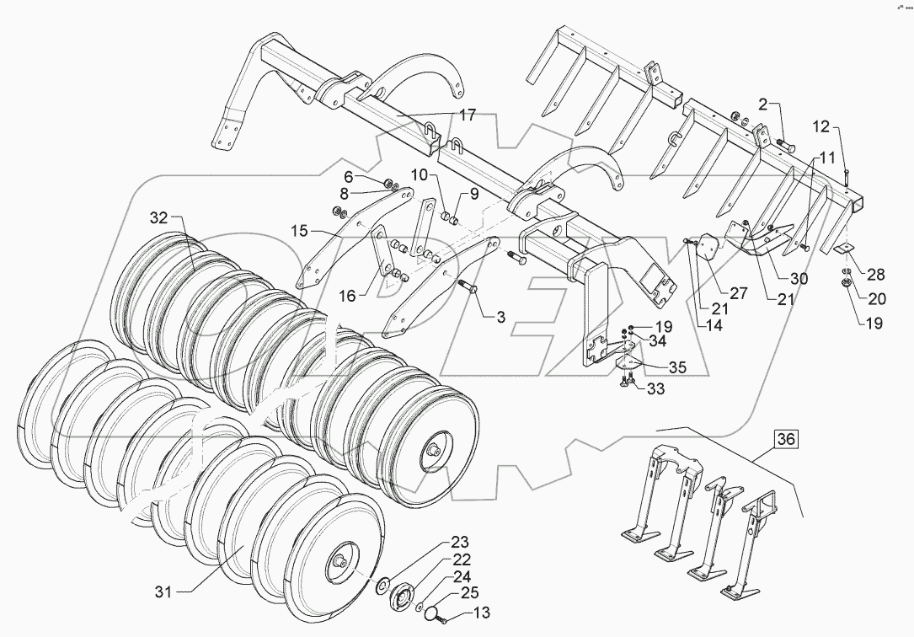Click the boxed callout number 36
point(785,439)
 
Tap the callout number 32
point(159,217)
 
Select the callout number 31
point(163,592)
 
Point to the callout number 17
point(468,115)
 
